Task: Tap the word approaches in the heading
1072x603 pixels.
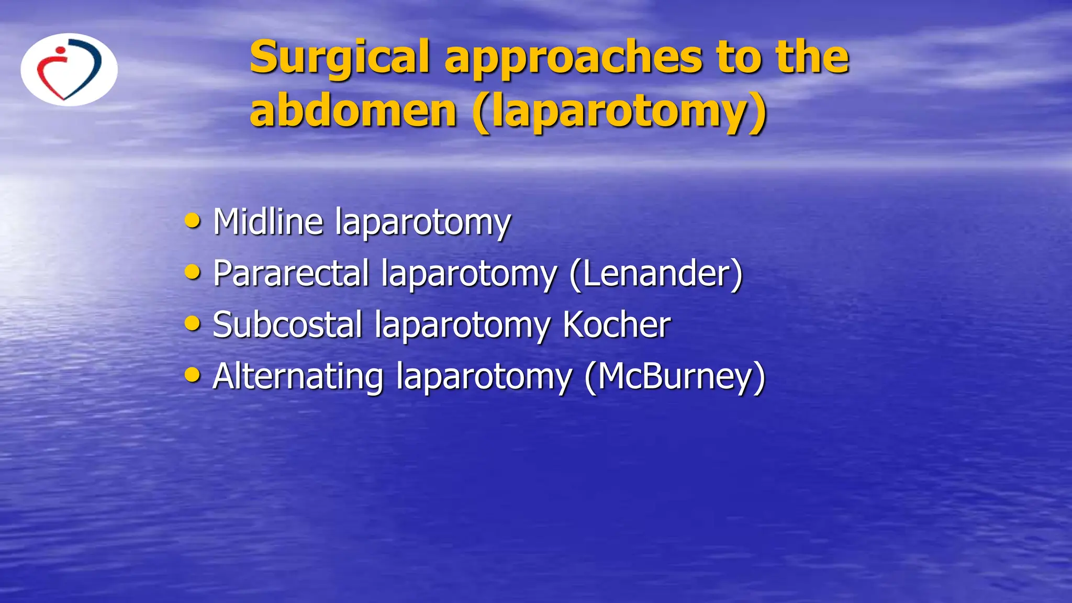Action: [573, 59]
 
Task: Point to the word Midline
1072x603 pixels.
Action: [268, 221]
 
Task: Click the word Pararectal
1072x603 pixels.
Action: [291, 273]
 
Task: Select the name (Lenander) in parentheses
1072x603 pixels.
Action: [656, 274]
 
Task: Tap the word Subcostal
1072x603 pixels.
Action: [287, 324]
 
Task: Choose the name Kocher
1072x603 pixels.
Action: [616, 324]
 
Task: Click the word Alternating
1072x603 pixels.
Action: [298, 376]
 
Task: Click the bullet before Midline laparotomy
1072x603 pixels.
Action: [193, 221]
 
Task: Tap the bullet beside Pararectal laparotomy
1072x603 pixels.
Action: [193, 272]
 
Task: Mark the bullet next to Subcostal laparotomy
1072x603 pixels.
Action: [193, 323]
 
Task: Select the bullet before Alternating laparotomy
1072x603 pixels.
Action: [193, 375]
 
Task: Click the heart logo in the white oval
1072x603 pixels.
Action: [69, 70]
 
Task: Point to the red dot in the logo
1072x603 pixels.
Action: [61, 51]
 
